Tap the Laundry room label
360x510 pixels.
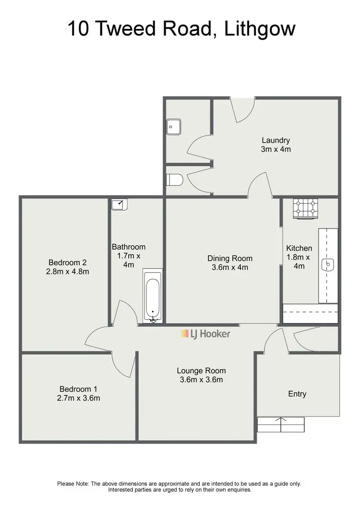pos(276,140)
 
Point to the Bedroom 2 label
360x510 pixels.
pos(67,262)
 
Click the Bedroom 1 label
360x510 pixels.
pos(78,389)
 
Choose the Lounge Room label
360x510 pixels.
pos(201,371)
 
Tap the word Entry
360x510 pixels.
pos(297,394)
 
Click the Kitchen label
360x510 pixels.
pos(299,248)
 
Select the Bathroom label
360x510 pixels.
pos(128,247)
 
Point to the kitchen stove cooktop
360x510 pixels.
pos(306,209)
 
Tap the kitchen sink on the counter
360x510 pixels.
pos(329,264)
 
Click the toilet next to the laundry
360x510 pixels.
pos(174,180)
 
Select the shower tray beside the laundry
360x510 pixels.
pos(173,126)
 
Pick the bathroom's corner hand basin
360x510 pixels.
pos(119,205)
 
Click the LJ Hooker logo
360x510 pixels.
pos(205,334)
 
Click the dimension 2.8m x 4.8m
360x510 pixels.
pos(67,271)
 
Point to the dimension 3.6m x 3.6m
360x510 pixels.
pos(201,380)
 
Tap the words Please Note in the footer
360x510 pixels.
pos(72,484)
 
